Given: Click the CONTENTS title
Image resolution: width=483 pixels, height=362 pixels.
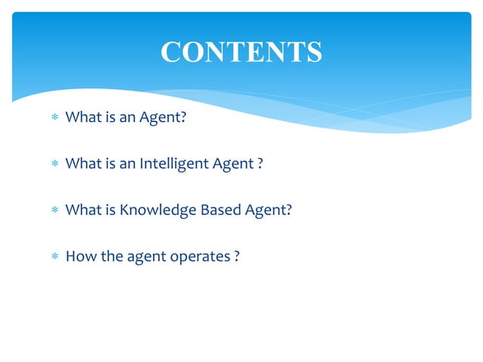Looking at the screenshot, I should (x=241, y=51).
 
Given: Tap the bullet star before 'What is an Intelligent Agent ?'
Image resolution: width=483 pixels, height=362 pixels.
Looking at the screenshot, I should (x=54, y=164).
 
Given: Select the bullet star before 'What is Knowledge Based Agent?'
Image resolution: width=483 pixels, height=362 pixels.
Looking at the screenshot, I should (x=54, y=211).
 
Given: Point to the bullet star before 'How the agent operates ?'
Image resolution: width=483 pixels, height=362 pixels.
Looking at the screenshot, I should (x=54, y=257).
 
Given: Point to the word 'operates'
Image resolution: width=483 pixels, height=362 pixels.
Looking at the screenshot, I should (x=201, y=257).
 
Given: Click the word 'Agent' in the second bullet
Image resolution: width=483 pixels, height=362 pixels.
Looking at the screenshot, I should (x=231, y=164).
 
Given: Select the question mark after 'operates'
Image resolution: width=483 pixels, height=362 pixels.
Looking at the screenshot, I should (x=237, y=256).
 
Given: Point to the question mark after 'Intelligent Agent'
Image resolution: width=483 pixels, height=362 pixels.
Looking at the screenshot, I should (x=260, y=164).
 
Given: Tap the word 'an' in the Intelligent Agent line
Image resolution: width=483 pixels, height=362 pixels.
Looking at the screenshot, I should (x=126, y=164).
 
